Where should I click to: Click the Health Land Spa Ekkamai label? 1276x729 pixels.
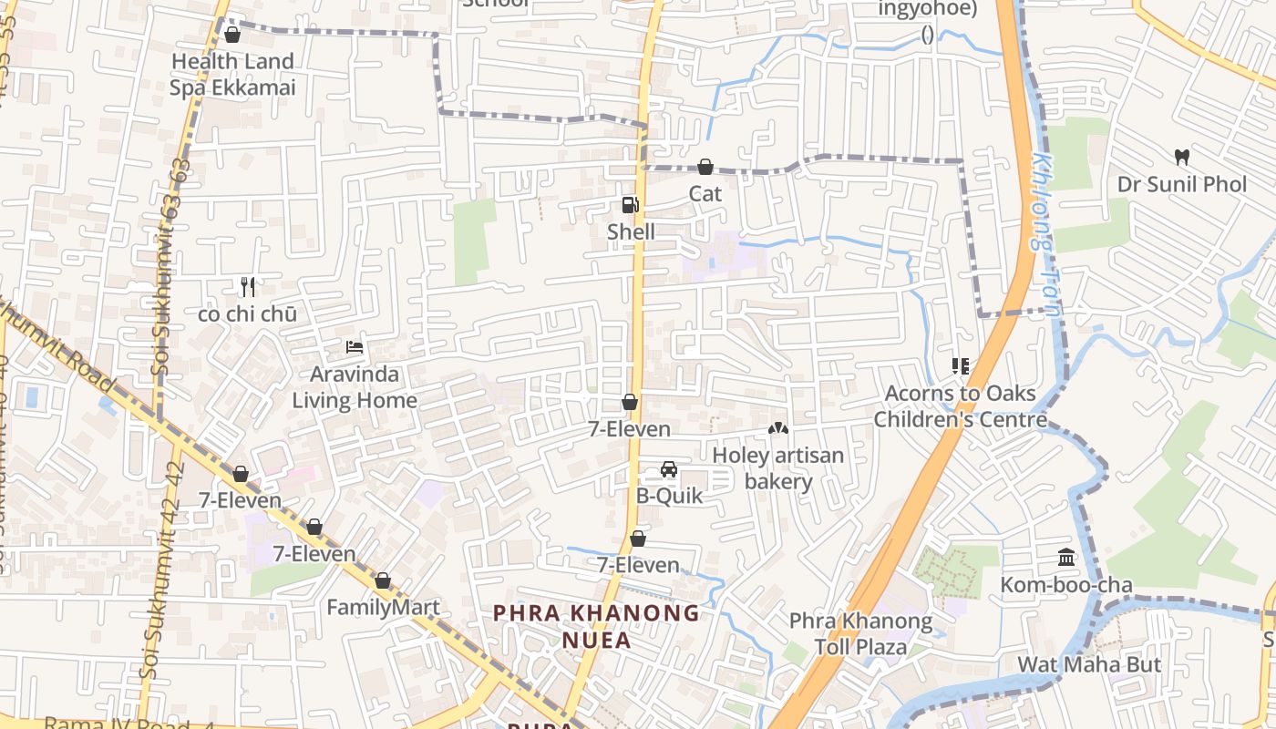[232, 75]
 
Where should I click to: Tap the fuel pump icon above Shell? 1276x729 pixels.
[630, 205]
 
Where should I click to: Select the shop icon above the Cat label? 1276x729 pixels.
[705, 167]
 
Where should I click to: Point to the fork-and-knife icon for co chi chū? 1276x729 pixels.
[247, 287]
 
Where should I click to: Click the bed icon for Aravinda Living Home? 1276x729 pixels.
[355, 347]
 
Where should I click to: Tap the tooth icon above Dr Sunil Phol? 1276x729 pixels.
[1182, 157]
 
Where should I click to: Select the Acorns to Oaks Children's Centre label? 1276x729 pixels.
[961, 406]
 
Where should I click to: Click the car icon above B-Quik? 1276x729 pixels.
[668, 469]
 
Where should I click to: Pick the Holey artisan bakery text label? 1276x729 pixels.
[777, 467]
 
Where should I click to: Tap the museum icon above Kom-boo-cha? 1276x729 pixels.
[1066, 557]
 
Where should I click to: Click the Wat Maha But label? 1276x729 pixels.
[1089, 664]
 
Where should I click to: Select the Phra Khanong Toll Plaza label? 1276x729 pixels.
[860, 634]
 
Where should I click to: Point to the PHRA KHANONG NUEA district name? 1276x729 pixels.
[596, 626]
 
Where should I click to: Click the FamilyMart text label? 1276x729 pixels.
[383, 608]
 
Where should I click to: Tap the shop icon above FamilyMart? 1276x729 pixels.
[383, 580]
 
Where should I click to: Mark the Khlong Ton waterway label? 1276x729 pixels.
[1046, 232]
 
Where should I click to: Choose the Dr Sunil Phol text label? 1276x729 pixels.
[1182, 184]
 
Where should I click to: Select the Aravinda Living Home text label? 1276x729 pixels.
[355, 387]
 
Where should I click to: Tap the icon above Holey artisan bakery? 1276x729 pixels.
[777, 427]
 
